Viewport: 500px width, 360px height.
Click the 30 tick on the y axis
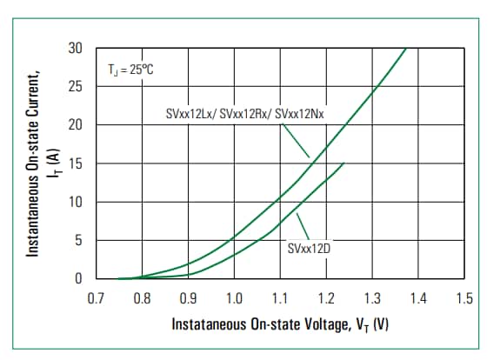pyautogui.click(x=76, y=49)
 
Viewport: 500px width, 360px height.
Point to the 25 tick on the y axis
pyautogui.click(x=76, y=87)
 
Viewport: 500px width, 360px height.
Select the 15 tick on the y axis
pyautogui.click(x=76, y=163)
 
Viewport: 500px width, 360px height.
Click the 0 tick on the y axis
pyautogui.click(x=78, y=279)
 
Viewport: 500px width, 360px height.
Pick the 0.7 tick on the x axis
pyautogui.click(x=97, y=299)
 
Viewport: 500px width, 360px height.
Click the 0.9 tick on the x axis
pyautogui.click(x=188, y=299)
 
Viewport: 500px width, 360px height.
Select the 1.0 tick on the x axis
pyautogui.click(x=234, y=299)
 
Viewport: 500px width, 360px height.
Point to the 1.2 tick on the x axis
pyautogui.click(x=326, y=299)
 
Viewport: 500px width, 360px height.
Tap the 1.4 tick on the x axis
pyautogui.click(x=418, y=299)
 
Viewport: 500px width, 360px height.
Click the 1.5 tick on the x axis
pyautogui.click(x=463, y=299)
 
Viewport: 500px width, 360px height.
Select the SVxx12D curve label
pyautogui.click(x=309, y=249)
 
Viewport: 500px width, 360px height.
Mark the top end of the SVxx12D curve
pyautogui.click(x=344, y=163)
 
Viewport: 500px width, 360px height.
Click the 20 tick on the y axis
pyautogui.click(x=76, y=125)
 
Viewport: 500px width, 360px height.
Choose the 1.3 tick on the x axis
pyautogui.click(x=372, y=299)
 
